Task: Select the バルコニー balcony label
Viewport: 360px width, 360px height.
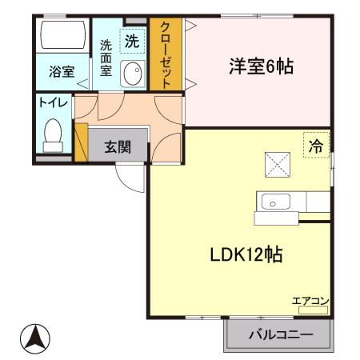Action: coord(279,334)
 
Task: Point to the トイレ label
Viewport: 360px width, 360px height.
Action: coord(53,102)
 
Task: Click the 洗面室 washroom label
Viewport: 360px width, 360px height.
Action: coord(106,58)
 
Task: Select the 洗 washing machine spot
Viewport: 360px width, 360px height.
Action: coord(131,40)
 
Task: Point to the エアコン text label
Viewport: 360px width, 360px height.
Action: coord(310,301)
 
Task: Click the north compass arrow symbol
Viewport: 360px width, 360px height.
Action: coord(33,338)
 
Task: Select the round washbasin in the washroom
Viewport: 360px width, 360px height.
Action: coord(132,74)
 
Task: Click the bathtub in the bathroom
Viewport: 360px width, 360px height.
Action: coord(62,36)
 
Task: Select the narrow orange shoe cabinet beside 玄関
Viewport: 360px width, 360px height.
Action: coord(80,142)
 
